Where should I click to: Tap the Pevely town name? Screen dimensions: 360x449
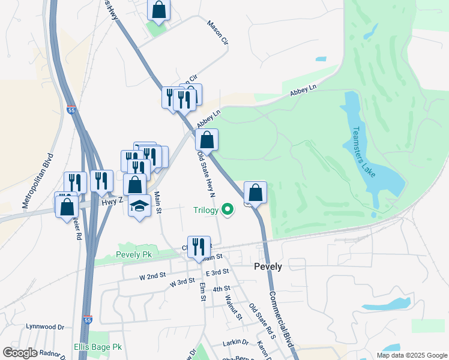pyautogui.click(x=268, y=265)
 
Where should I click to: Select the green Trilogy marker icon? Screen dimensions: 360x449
pyautogui.click(x=227, y=209)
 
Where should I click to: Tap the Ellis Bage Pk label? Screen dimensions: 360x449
pyautogui.click(x=98, y=347)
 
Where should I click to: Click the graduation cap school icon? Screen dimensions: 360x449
pyautogui.click(x=139, y=206)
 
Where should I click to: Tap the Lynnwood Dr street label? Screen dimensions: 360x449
pyautogui.click(x=45, y=327)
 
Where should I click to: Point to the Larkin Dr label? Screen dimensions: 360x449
pyautogui.click(x=235, y=342)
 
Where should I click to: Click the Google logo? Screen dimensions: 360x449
pyautogui.click(x=19, y=353)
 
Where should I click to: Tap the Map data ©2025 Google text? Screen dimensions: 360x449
pyautogui.click(x=411, y=355)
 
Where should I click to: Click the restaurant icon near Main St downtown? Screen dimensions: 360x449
pyautogui.click(x=199, y=246)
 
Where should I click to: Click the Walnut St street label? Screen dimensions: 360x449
pyautogui.click(x=232, y=307)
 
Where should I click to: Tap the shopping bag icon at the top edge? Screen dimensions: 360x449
pyautogui.click(x=158, y=10)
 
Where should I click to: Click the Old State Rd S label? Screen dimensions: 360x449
pyautogui.click(x=262, y=322)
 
